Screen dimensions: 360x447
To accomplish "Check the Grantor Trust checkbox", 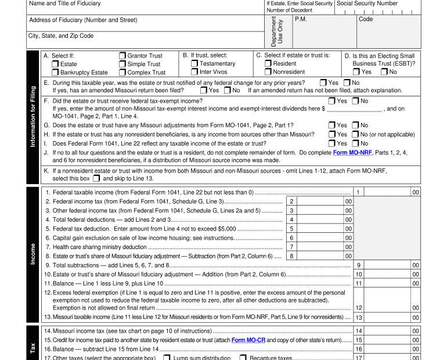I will click(122, 56).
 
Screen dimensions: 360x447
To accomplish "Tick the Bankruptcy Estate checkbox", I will click(55, 73).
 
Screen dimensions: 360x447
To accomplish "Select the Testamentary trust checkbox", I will click(194, 64).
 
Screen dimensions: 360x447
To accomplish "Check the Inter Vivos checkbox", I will click(194, 72).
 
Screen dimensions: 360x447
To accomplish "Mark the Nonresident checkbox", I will click(268, 72).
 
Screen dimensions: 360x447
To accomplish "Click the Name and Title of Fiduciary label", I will click(64, 3).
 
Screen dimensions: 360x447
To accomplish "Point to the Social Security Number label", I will click(367, 3).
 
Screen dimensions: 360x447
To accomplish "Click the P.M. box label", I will click(301, 19).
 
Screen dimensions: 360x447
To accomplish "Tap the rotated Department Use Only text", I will click(277, 32).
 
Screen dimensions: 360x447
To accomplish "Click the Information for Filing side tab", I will click(33, 117).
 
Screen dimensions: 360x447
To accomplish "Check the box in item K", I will click(96, 178).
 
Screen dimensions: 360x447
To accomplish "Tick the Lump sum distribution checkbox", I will click(167, 358).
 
